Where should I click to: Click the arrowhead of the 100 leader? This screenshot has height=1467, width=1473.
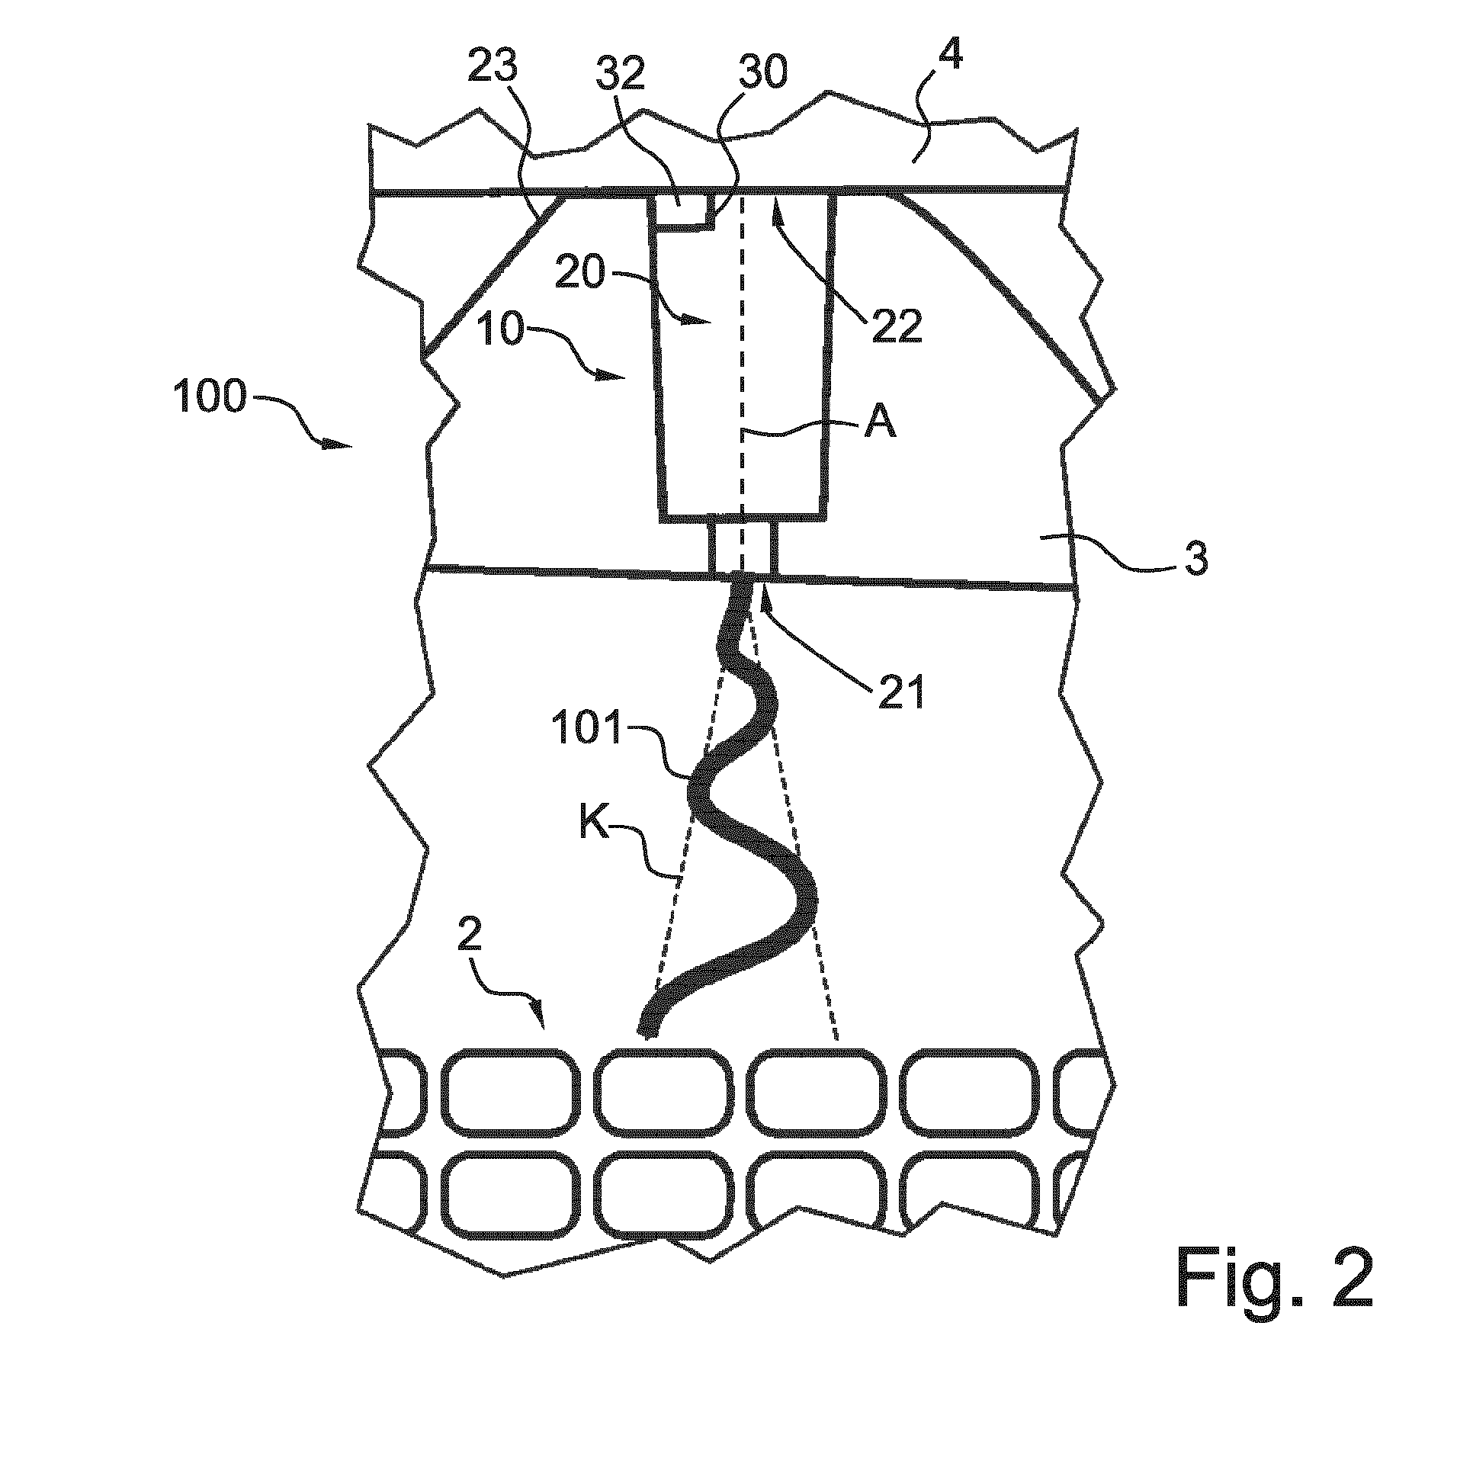pyautogui.click(x=342, y=446)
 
